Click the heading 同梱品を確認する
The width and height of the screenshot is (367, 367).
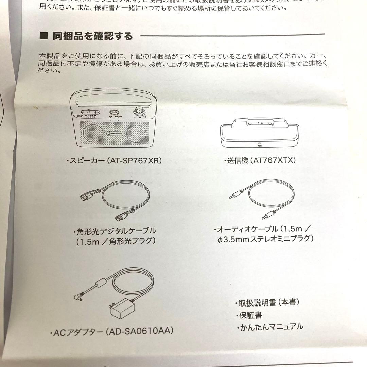click(x=92, y=36)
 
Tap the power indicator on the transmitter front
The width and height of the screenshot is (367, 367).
click(x=259, y=143)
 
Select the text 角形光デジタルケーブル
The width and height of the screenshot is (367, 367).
click(x=115, y=231)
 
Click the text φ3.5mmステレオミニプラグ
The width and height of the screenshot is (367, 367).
click(x=265, y=239)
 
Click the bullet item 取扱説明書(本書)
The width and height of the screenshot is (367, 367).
click(x=268, y=303)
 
